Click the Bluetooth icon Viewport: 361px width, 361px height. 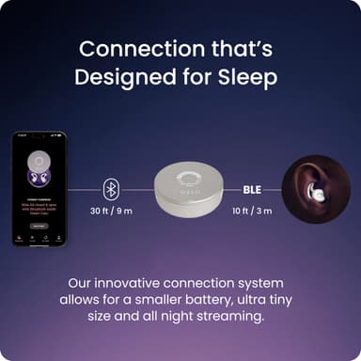pyautogui.click(x=111, y=188)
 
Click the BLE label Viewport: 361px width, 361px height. pyautogui.click(x=252, y=188)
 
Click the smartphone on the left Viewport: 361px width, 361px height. pyautogui.click(x=38, y=188)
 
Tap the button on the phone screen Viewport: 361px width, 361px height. pyautogui.click(x=38, y=226)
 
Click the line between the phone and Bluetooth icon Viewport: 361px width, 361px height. pyautogui.click(x=85, y=188)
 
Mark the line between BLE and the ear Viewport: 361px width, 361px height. pyautogui.click(x=274, y=188)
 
